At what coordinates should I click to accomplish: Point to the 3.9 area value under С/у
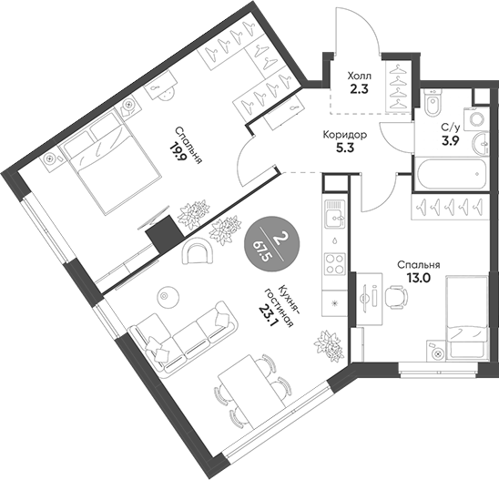(448, 143)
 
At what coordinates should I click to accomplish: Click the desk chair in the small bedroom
(393, 295)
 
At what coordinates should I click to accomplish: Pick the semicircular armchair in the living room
(197, 251)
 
